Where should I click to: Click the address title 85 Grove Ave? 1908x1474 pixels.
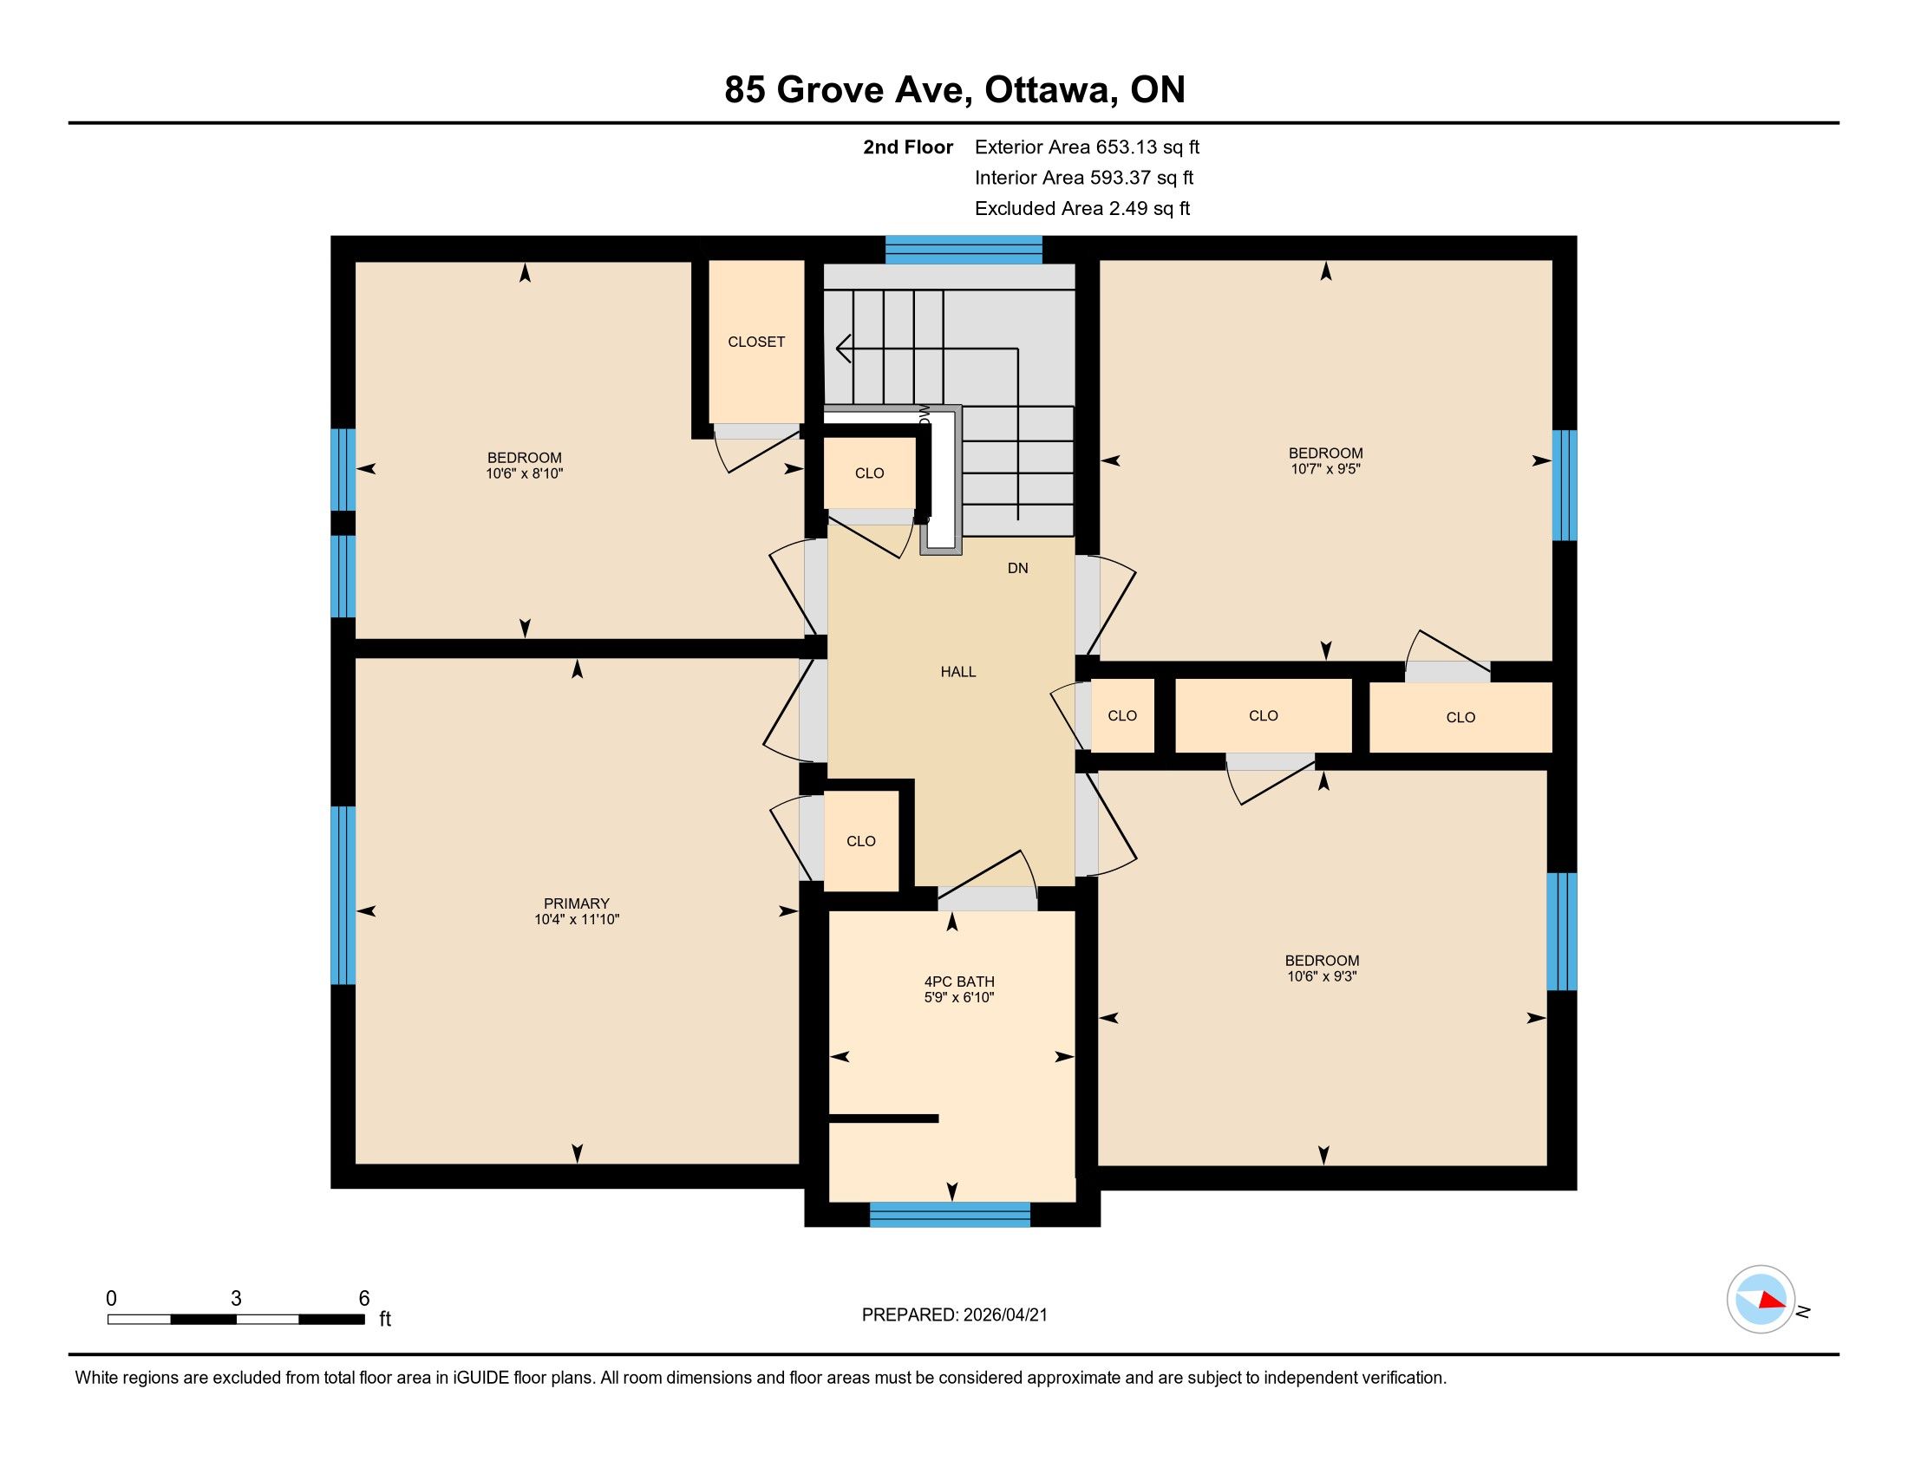(x=848, y=90)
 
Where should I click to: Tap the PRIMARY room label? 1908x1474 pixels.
(x=577, y=903)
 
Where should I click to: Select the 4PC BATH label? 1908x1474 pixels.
(x=959, y=982)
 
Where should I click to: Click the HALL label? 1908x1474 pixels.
(x=958, y=671)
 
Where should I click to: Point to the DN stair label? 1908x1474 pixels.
(x=1018, y=569)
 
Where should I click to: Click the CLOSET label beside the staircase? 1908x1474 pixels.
(x=756, y=342)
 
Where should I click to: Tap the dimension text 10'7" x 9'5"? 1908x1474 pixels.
(x=1326, y=469)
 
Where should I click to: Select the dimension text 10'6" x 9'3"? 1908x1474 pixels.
(x=1322, y=976)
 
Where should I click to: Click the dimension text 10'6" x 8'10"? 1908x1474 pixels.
(x=524, y=474)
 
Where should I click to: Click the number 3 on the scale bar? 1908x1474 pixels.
(x=236, y=1299)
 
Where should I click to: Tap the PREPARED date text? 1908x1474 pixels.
(x=954, y=1315)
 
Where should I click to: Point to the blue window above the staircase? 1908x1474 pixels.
(x=964, y=249)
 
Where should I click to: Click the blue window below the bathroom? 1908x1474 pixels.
(x=951, y=1215)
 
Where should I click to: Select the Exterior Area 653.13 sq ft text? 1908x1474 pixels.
(x=1087, y=147)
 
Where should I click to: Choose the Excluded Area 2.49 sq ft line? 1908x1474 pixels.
(x=1082, y=209)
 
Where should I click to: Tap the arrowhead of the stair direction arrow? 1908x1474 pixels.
(x=843, y=349)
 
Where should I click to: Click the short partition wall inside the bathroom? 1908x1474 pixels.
(x=883, y=1119)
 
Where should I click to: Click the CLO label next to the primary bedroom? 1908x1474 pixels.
(x=860, y=842)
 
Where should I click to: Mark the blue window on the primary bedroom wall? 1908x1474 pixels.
(x=343, y=895)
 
